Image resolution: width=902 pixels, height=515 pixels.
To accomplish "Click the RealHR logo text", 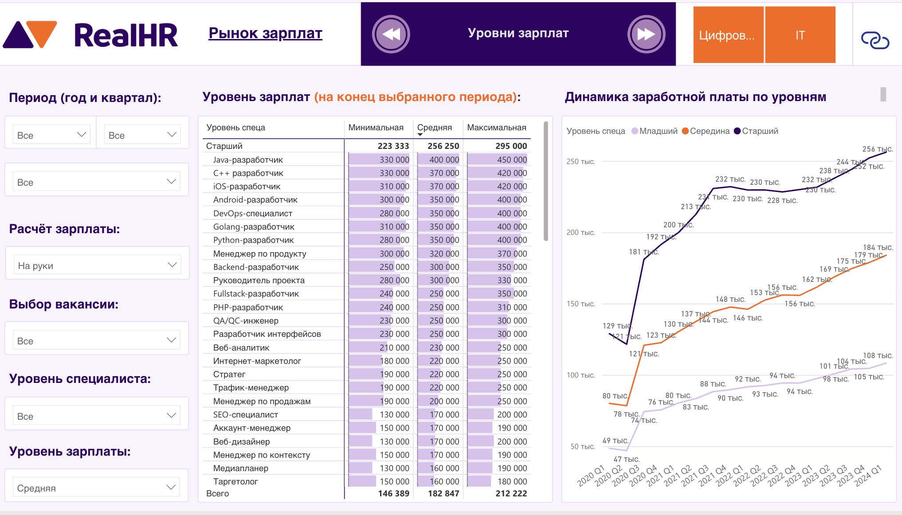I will (125, 35).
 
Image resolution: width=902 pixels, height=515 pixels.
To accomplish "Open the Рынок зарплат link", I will (265, 33).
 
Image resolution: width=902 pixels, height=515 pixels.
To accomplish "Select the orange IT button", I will (800, 35).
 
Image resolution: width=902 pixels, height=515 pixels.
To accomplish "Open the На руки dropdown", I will (97, 265).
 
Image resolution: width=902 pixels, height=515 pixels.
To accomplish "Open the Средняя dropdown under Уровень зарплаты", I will (96, 488).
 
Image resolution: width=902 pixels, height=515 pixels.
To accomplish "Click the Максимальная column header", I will (496, 128).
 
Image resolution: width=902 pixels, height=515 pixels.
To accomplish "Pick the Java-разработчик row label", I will (248, 160).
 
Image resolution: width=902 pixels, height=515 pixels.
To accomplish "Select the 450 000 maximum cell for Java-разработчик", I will (512, 160).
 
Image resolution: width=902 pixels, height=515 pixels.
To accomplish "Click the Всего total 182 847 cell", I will (443, 493).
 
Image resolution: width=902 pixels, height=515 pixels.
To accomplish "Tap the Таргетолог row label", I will (235, 481).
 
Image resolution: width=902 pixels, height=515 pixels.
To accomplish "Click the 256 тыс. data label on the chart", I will (877, 149).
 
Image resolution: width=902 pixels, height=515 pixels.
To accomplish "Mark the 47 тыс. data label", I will (626, 459).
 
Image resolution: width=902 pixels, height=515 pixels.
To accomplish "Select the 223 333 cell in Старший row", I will (393, 146).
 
